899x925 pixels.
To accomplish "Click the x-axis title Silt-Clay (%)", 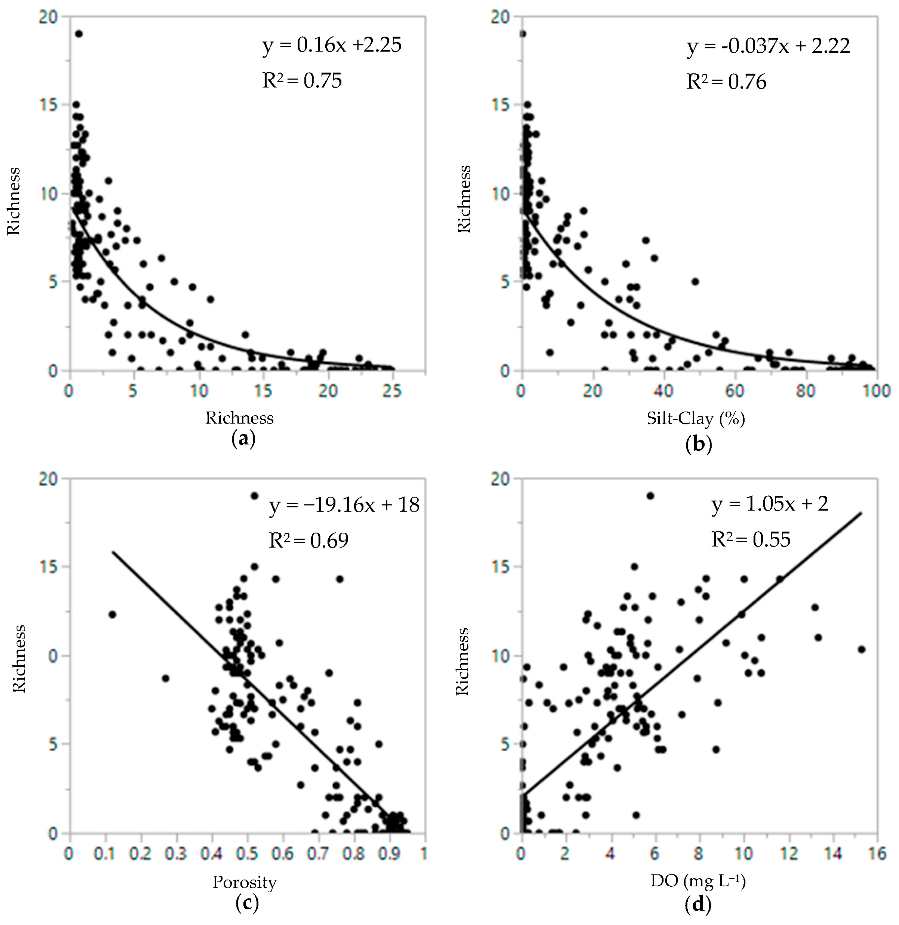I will [696, 418].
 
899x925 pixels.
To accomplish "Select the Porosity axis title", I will [244, 882].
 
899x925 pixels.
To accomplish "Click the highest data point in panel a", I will [79, 33].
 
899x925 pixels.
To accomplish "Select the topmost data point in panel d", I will [650, 496].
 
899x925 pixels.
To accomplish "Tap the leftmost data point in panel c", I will [112, 614].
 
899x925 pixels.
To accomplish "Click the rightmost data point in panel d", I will [861, 649].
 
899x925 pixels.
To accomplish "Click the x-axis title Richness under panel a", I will [239, 418].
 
